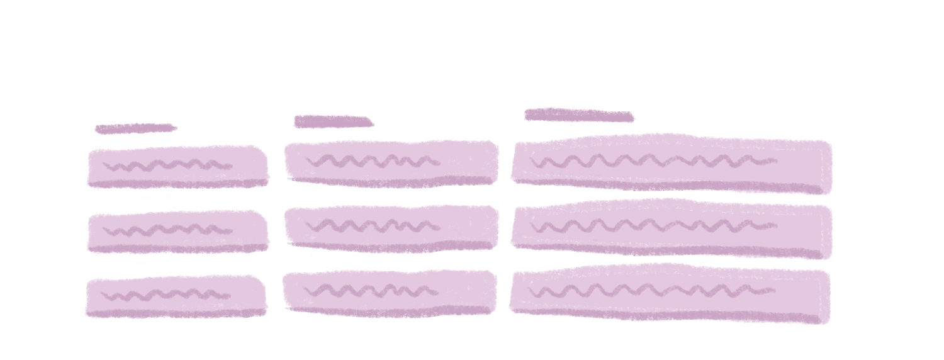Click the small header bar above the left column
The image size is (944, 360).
[x=133, y=130]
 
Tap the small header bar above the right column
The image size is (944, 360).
[x=578, y=115]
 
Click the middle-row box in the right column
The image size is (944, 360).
[x=671, y=228]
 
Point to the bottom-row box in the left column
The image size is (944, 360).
[x=174, y=297]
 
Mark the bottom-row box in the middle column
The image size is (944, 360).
[x=388, y=293]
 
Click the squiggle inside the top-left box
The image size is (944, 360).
[x=167, y=166]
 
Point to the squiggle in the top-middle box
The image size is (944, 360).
[x=373, y=161]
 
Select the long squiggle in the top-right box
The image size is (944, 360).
[x=653, y=161]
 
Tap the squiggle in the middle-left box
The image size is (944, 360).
[x=167, y=230]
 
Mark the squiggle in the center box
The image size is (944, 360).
[x=373, y=225]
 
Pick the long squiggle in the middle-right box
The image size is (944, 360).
[x=653, y=225]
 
